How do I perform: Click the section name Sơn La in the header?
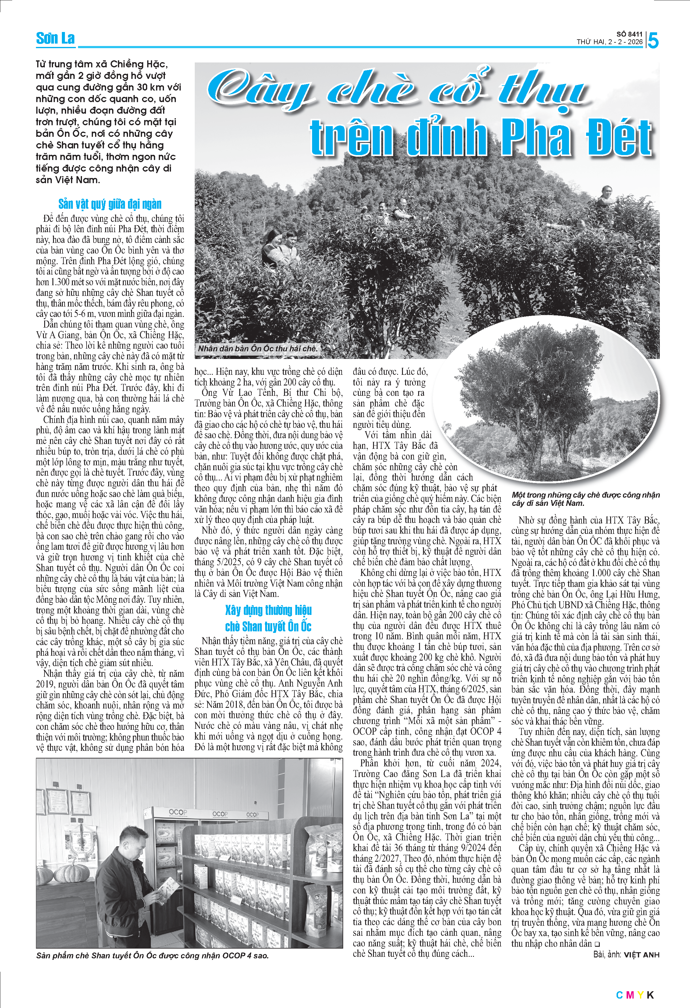point(55,39)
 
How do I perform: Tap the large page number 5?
point(653,41)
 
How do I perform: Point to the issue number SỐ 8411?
point(629,34)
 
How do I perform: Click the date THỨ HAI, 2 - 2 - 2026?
point(609,42)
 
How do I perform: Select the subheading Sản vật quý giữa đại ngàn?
point(110,204)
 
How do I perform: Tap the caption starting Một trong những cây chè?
point(585,499)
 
